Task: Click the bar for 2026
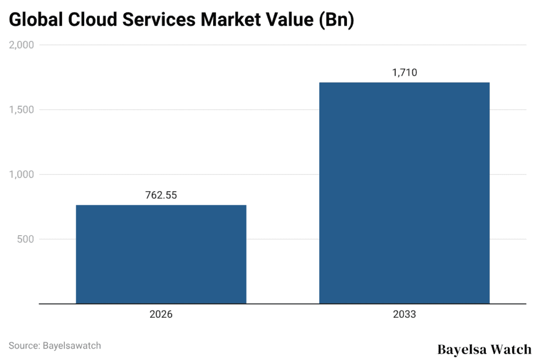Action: tap(161, 254)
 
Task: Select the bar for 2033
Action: tap(404, 193)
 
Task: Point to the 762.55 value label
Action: tap(161, 195)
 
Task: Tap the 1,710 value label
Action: tap(404, 73)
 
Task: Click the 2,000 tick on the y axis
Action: tap(21, 45)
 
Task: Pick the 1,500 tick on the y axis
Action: tap(21, 110)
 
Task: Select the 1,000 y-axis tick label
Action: tap(21, 175)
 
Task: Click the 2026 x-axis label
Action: tap(161, 315)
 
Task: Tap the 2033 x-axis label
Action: tap(404, 315)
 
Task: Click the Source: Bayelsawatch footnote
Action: tap(55, 345)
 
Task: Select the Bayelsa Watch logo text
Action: tap(484, 349)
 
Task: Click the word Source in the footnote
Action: tap(23, 345)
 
